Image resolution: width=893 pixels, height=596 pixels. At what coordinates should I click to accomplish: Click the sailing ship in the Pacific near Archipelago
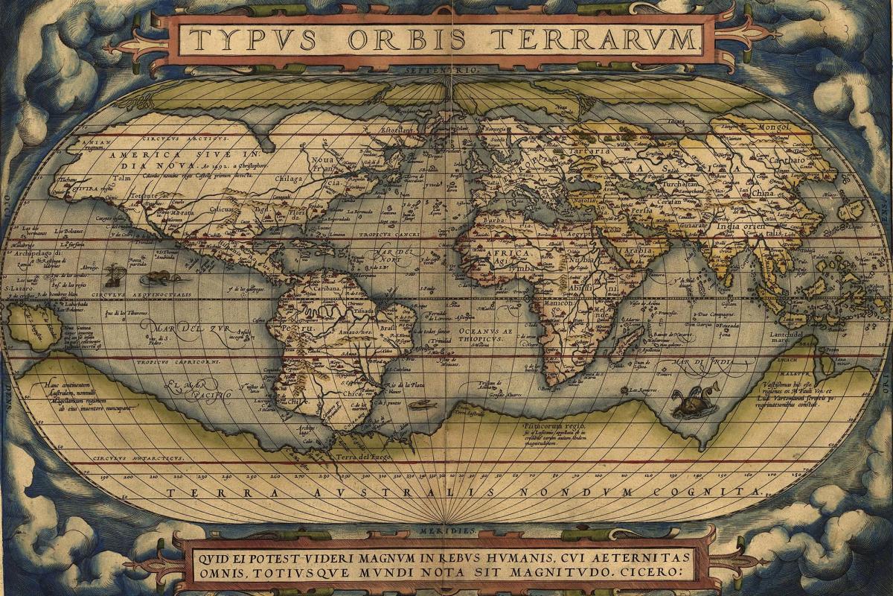[114, 273]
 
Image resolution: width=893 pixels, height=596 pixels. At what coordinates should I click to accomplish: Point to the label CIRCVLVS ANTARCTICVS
[138, 457]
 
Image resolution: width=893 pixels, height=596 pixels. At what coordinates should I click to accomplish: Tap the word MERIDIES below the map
[446, 530]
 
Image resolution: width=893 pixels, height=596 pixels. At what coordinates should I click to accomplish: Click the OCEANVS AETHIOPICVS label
[484, 334]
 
